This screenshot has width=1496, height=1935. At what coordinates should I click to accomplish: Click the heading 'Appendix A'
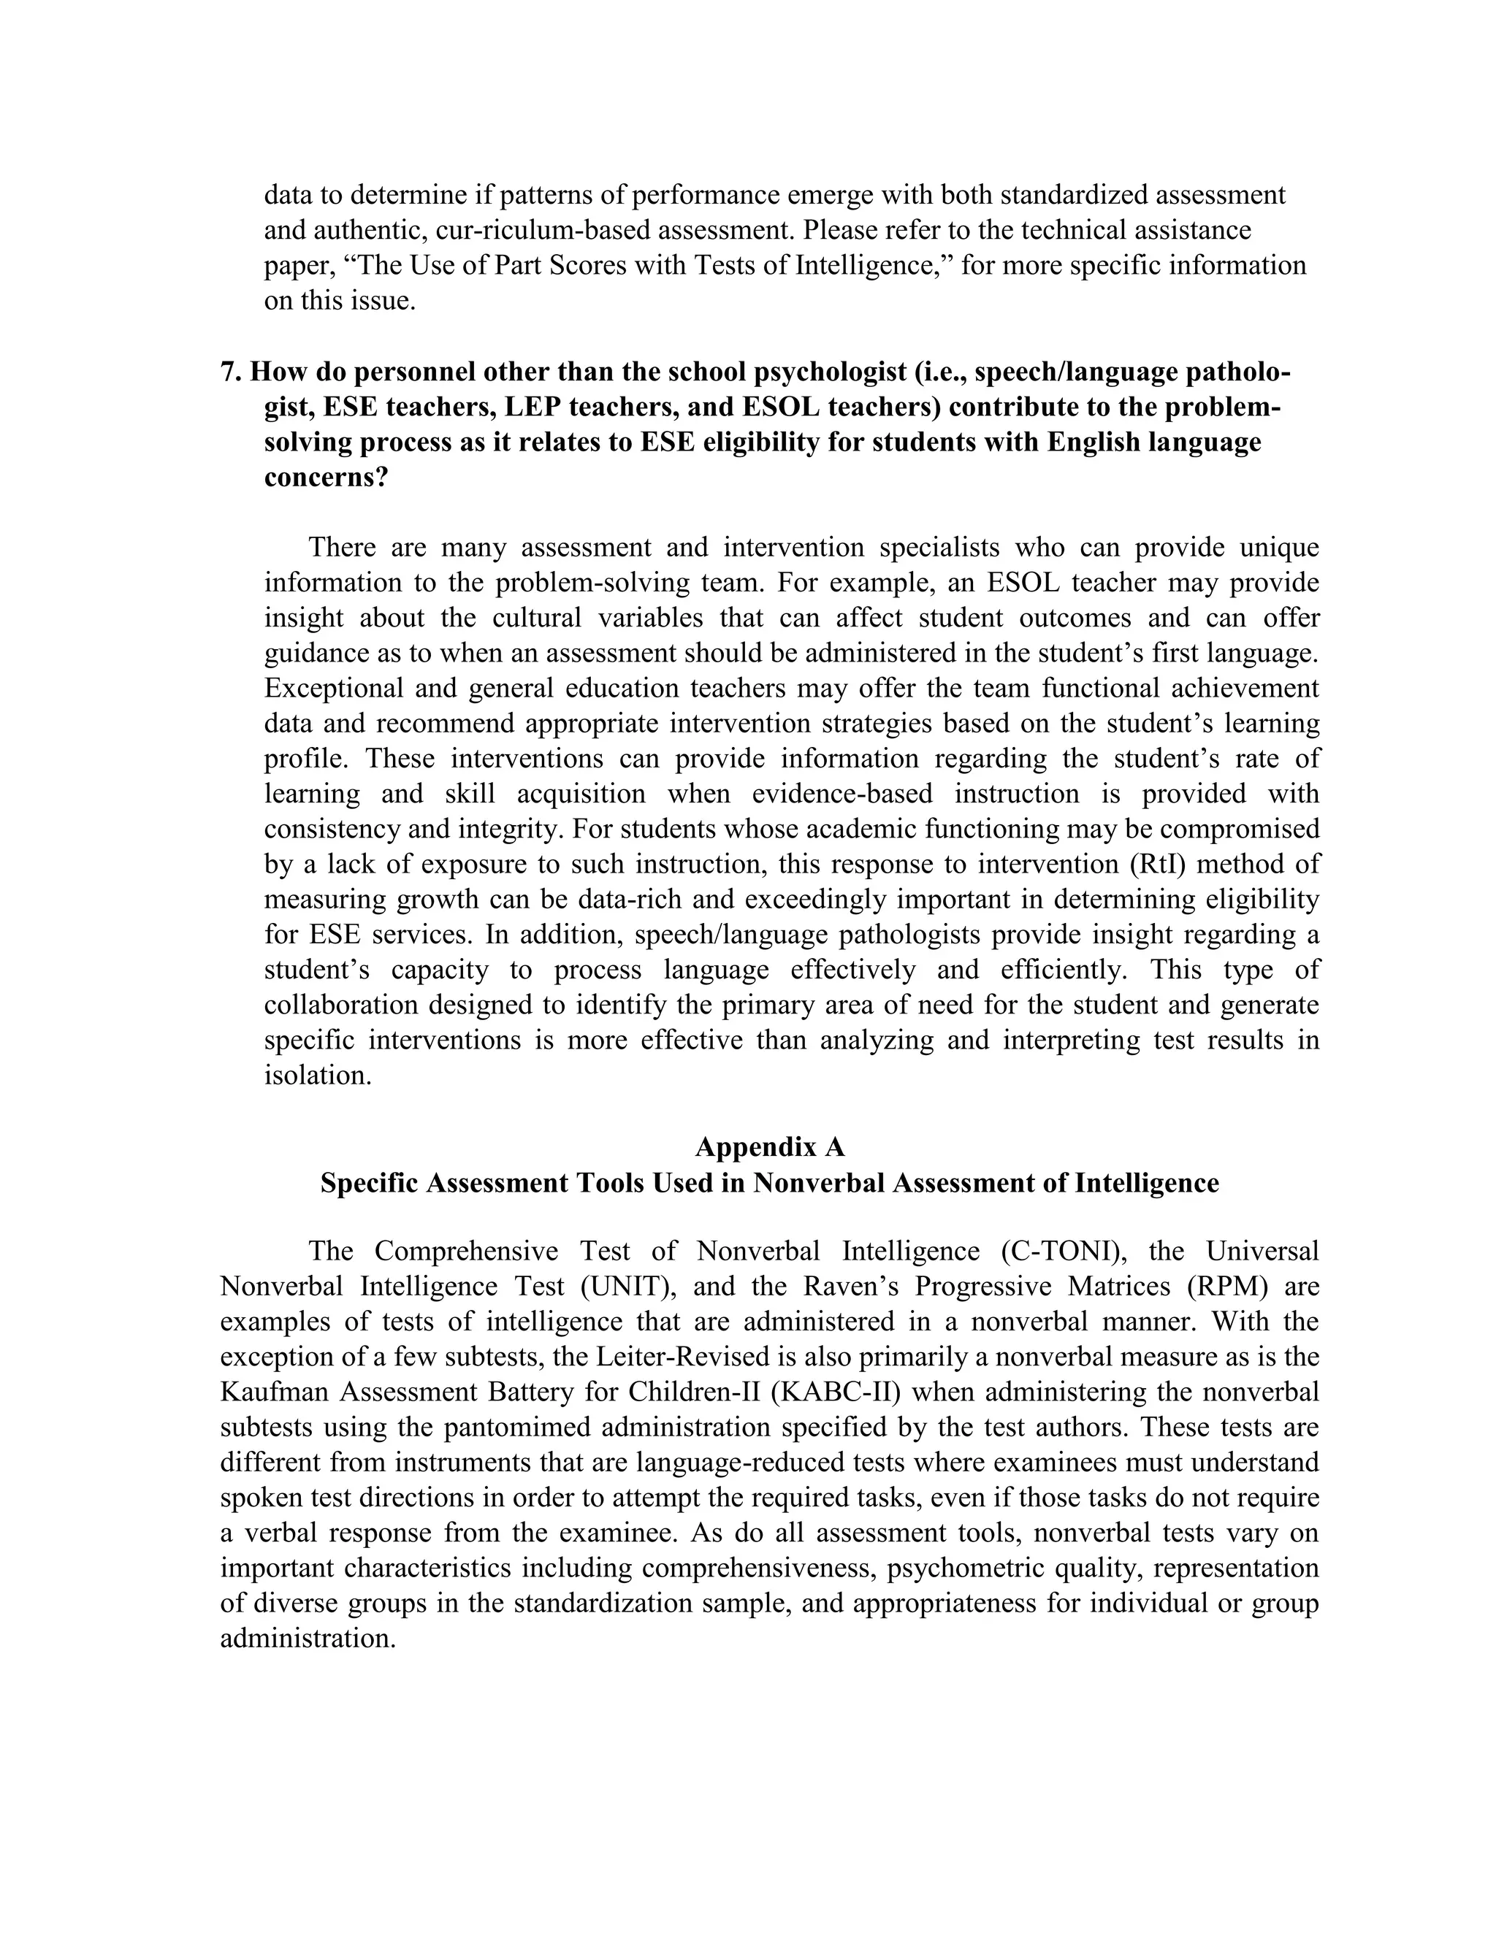tap(769, 1147)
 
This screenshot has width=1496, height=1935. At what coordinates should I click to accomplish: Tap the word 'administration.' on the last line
tap(307, 1639)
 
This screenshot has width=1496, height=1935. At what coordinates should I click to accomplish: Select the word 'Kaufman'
tap(275, 1392)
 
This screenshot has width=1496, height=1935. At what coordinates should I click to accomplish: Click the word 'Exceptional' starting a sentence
tap(332, 689)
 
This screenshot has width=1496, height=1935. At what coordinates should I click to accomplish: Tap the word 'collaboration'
tap(341, 1005)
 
